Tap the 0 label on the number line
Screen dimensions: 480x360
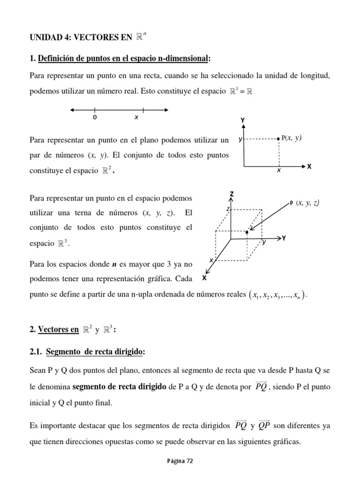coord(95,118)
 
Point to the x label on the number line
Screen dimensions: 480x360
coord(136,118)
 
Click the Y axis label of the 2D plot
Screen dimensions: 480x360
coord(242,120)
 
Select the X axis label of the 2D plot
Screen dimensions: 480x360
coord(309,166)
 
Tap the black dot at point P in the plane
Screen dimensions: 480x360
coord(279,139)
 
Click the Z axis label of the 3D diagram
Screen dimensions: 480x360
coord(232,194)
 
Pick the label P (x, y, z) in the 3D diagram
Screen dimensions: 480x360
coord(305,202)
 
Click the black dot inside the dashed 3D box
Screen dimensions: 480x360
coord(247,232)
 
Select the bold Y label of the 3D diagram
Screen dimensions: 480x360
coord(284,238)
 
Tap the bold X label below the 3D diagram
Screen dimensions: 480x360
coord(204,277)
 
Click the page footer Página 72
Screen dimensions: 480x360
coord(180,461)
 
